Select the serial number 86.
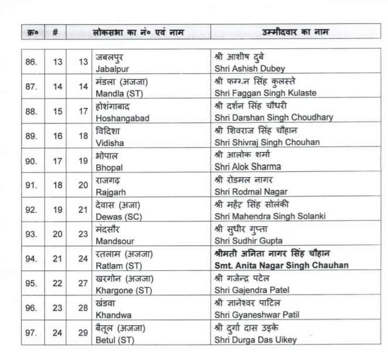coord(31,63)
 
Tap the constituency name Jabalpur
coord(114,68)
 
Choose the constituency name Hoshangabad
coord(123,117)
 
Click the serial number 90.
coord(31,162)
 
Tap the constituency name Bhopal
coord(110,167)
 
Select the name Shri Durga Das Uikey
coord(255,339)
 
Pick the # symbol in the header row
coord(55,31)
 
